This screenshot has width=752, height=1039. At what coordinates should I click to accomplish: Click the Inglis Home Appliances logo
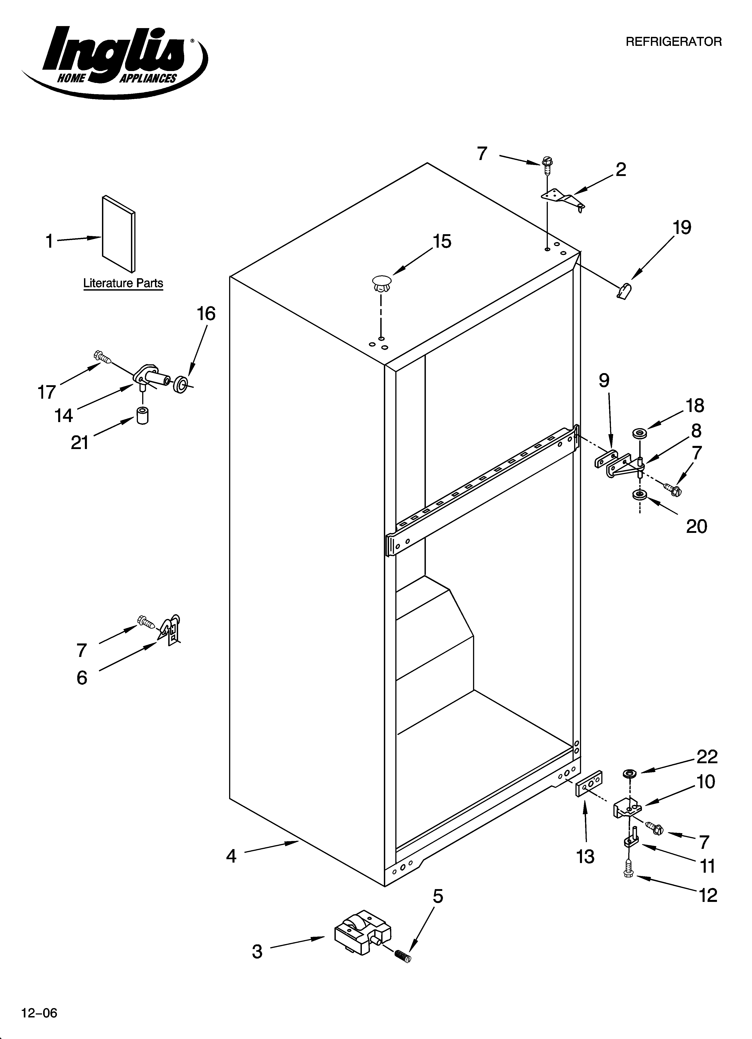tap(115, 62)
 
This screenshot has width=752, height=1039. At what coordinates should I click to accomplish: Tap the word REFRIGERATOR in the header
tap(673, 42)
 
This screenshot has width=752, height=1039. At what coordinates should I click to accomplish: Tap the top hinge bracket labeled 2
tap(562, 200)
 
